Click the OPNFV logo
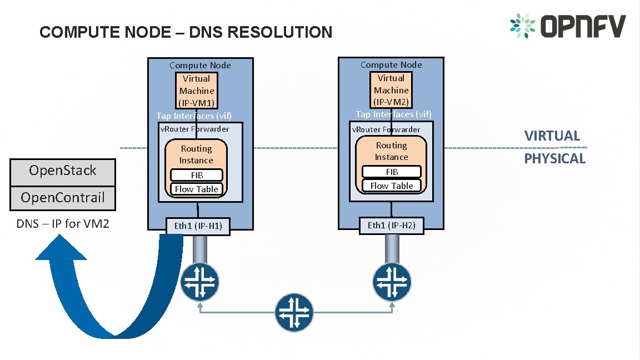(x=568, y=26)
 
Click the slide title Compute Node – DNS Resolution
(x=186, y=32)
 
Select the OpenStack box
(x=63, y=171)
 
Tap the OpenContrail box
(x=63, y=198)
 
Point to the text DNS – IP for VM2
(x=63, y=224)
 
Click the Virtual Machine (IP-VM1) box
(x=197, y=91)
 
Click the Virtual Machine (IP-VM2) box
(x=391, y=90)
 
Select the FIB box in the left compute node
(x=197, y=175)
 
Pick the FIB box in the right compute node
(x=392, y=172)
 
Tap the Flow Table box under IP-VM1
(x=197, y=189)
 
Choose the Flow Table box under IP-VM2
(x=392, y=186)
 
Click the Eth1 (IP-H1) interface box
(x=198, y=226)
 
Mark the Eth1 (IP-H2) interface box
(x=391, y=225)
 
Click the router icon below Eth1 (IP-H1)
(x=200, y=282)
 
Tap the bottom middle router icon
(x=294, y=312)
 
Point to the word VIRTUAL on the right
(x=552, y=136)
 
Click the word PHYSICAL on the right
(x=555, y=159)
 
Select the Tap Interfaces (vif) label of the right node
(x=393, y=114)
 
